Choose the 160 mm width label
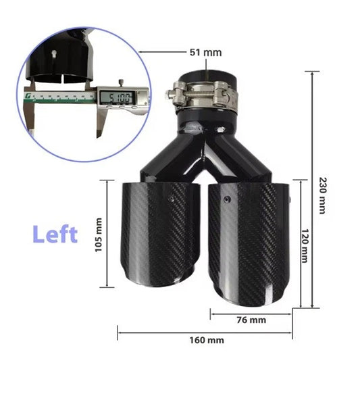pos(206,340)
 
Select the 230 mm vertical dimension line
pos(313,189)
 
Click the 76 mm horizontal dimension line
pos(251,312)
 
